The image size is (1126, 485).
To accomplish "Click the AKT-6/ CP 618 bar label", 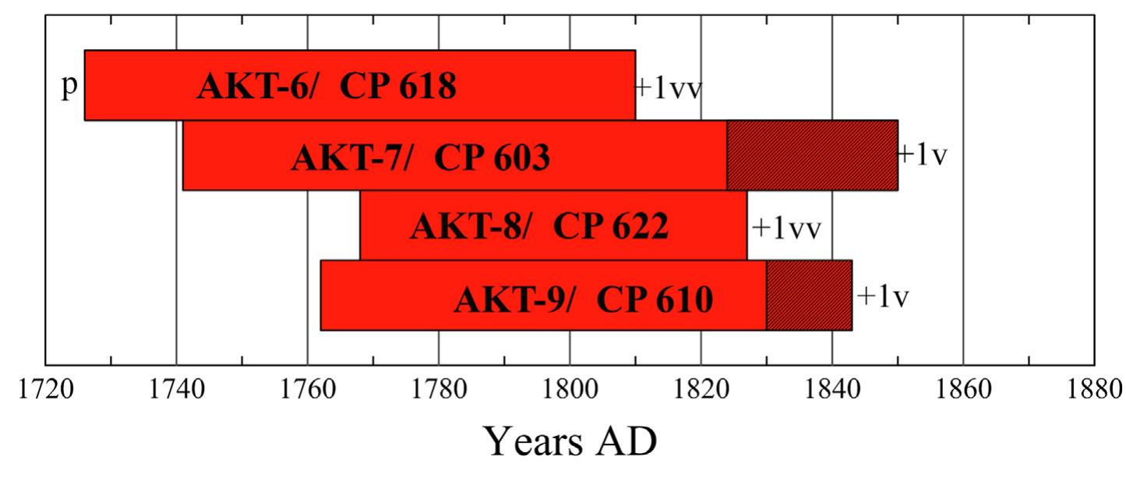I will (326, 87).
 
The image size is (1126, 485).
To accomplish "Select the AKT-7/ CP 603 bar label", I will (421, 158).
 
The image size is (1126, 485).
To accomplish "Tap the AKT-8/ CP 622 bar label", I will (539, 227).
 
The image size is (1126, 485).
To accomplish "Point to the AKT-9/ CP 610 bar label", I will (583, 299).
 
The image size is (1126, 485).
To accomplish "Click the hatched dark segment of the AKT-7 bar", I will (812, 155).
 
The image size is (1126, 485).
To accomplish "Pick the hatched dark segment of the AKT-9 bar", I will (809, 296).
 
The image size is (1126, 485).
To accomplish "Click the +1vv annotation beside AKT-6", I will (669, 87).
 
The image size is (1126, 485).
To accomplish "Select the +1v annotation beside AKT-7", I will (923, 155).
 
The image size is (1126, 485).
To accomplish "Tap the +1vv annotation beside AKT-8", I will (787, 228).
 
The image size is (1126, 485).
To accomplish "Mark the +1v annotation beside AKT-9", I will (884, 297).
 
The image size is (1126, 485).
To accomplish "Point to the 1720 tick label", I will (45, 389).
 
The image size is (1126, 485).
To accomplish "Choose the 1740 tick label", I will (177, 389).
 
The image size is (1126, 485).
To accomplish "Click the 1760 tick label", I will (308, 389).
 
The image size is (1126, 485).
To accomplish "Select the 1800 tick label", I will (570, 389).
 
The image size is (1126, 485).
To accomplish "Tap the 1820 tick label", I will (701, 389).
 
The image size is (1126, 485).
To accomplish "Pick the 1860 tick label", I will (964, 389).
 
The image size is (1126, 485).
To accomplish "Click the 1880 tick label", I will (1094, 389).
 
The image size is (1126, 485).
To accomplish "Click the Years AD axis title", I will (570, 442).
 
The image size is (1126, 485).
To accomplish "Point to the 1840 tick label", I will (833, 389).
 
